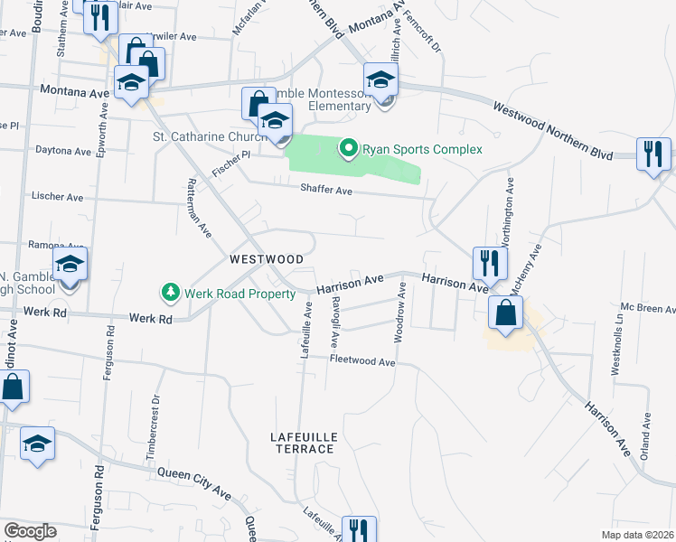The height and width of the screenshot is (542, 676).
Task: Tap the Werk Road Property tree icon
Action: pos(169,292)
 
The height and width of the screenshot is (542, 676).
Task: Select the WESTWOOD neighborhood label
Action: pos(267,258)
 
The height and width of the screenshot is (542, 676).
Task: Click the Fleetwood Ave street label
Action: pos(362,361)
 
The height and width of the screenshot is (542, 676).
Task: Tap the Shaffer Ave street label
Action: pos(326,190)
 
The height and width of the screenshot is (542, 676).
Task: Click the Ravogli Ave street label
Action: pos(334,322)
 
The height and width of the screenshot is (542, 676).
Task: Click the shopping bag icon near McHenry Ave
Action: pos(505,313)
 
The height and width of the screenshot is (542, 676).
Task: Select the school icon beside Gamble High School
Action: pos(69,266)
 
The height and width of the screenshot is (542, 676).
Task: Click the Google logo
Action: pos(30,531)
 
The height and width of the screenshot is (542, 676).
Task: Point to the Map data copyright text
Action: pos(636,535)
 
